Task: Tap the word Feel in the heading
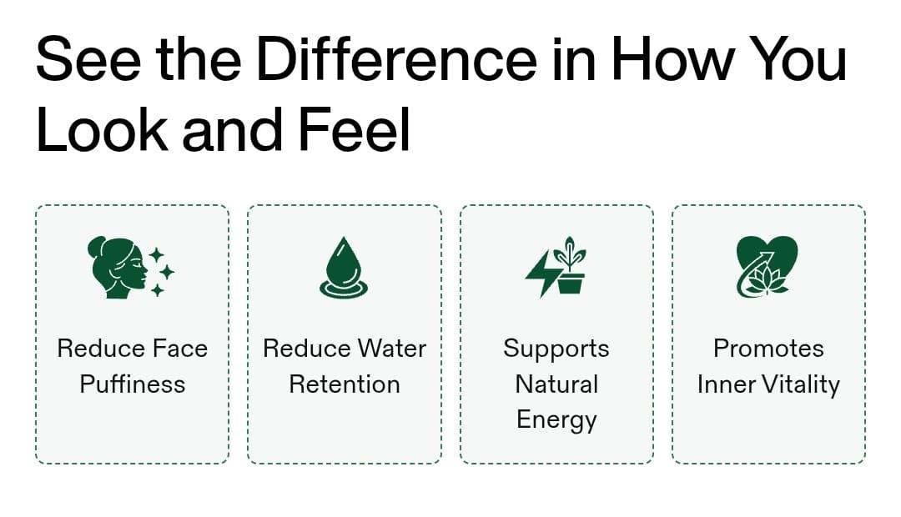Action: [354, 129]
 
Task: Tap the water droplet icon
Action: [344, 268]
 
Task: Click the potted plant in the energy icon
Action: [570, 265]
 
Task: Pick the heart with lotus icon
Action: [768, 267]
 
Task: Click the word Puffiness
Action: [132, 384]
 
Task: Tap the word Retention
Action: [345, 384]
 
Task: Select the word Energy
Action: [556, 420]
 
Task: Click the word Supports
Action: [556, 349]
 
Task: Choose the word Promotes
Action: [768, 348]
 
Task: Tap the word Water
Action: [392, 348]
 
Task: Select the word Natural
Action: [556, 384]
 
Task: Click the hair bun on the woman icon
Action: [96, 247]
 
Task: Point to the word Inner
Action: [727, 384]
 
